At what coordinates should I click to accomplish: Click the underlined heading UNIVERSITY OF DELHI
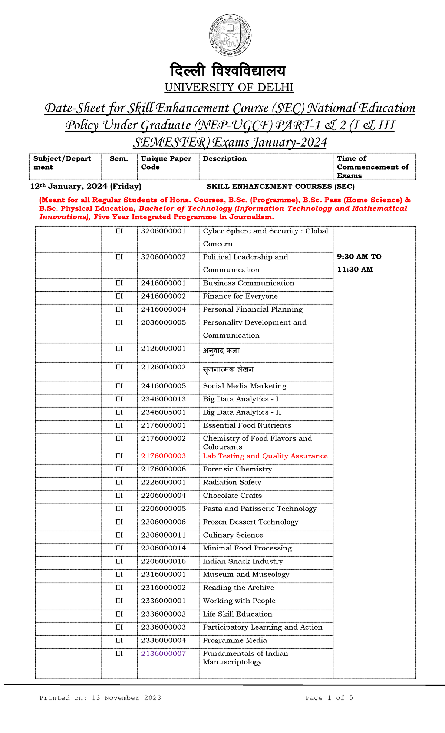pos(229,88)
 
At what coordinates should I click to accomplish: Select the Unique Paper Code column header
pos(166,163)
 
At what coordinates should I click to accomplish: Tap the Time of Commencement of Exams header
pos(372,167)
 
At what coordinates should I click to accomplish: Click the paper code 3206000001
pos(163,231)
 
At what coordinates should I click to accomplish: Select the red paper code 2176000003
pos(163,456)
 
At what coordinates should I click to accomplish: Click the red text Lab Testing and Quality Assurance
pos(265,456)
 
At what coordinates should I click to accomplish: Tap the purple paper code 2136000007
pos(163,654)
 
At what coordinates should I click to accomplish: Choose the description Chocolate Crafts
pos(232,496)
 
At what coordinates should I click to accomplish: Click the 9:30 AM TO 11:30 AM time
pos(359,263)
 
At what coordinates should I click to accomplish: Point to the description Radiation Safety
pos(232,483)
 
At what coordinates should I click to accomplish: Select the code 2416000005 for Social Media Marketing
pos(163,386)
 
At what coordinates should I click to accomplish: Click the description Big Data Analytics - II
pos(242,412)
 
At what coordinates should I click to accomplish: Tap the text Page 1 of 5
pos(329,698)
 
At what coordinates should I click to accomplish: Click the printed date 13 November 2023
pos(126,698)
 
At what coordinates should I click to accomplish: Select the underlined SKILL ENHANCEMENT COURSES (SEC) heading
pos(280,187)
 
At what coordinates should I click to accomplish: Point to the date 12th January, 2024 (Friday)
pos(86,186)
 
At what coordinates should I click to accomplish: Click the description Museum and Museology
pos(246,575)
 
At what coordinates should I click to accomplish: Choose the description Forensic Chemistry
pos(237,469)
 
